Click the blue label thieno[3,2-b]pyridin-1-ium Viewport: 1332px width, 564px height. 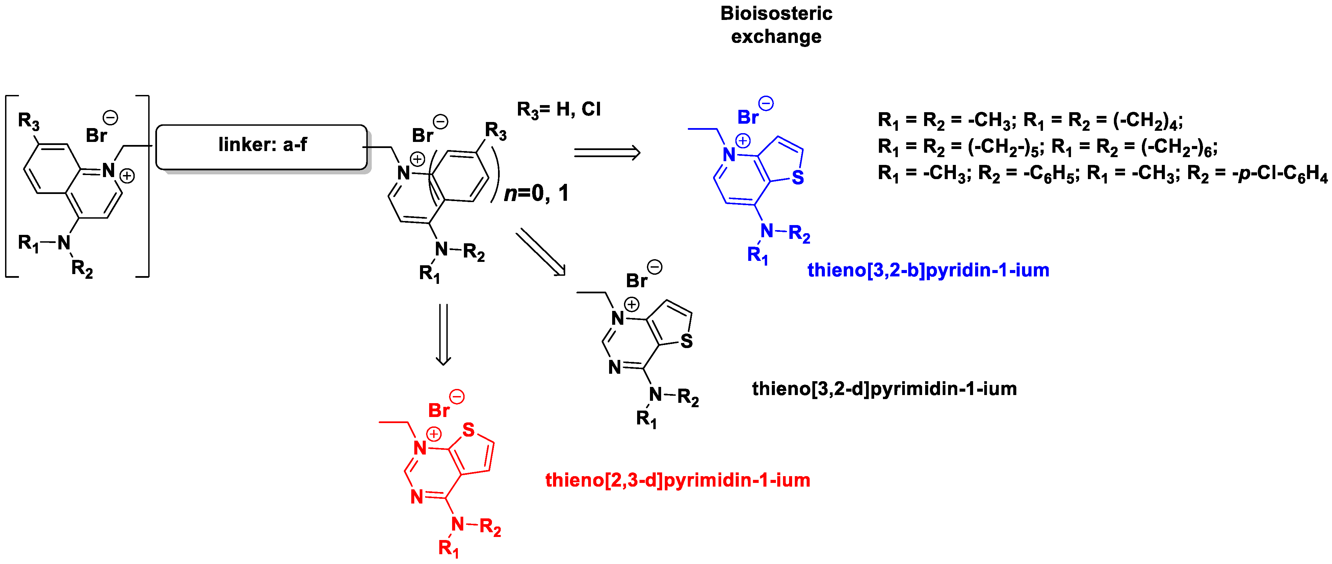[x=928, y=270]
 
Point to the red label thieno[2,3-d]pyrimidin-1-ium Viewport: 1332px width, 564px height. [x=677, y=480]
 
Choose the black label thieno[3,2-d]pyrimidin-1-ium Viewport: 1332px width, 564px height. [x=884, y=389]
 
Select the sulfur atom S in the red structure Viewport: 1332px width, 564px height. [x=468, y=430]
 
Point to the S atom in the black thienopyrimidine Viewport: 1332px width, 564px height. [x=686, y=341]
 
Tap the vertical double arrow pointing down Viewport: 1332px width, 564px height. [x=443, y=334]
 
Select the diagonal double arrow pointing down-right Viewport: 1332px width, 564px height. [x=540, y=252]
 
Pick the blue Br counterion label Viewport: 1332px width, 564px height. [x=747, y=118]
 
